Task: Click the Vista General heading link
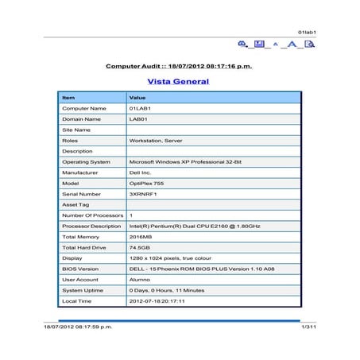pyautogui.click(x=178, y=81)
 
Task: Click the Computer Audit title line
pyautogui.click(x=179, y=66)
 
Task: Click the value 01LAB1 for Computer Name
pyautogui.click(x=140, y=108)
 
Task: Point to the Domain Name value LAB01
pyautogui.click(x=138, y=118)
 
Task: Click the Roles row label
pyautogui.click(x=70, y=140)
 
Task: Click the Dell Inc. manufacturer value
pyautogui.click(x=141, y=172)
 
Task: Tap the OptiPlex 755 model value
pyautogui.click(x=145, y=183)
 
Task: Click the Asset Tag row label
pyautogui.click(x=75, y=204)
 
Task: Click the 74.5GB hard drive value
pyautogui.click(x=137, y=247)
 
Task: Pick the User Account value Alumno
pyautogui.click(x=139, y=280)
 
